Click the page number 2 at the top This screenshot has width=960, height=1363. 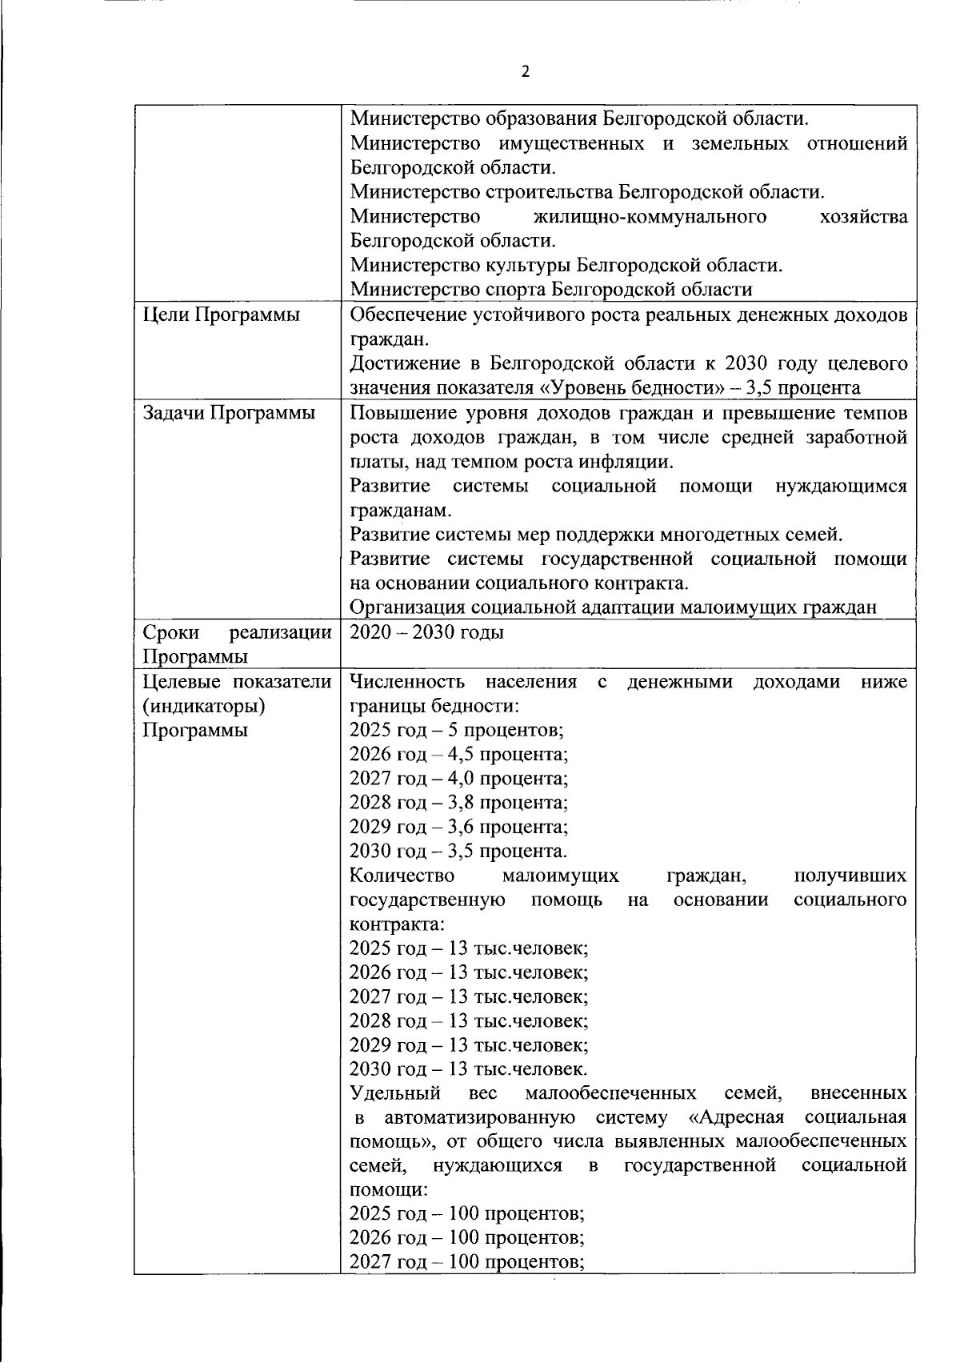[526, 72]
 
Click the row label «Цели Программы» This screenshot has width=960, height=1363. [221, 315]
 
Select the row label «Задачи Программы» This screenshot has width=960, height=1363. [228, 413]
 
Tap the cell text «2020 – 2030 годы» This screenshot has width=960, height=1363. [427, 632]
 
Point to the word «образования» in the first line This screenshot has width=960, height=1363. [542, 119]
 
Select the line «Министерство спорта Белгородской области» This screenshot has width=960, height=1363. [551, 289]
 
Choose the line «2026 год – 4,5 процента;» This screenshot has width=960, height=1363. [459, 754]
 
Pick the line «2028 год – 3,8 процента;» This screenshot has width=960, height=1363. [459, 802]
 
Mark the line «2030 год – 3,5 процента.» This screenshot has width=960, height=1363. [459, 851]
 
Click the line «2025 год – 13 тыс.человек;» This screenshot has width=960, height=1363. [470, 948]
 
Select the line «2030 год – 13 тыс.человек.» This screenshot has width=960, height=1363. [469, 1069]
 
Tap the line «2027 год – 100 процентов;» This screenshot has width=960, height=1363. [467, 1262]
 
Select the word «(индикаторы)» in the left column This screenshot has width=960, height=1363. [204, 706]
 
